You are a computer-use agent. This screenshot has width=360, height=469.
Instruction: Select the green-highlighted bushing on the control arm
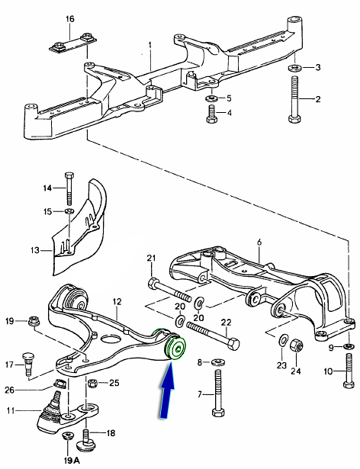175,347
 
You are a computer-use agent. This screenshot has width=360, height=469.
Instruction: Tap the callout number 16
69,19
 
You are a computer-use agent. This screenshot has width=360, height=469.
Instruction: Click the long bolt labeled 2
294,99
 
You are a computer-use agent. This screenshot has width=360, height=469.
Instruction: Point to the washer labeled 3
295,68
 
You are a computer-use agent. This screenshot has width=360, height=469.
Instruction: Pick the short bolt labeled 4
211,114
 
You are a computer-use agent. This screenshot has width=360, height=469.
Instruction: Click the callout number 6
259,243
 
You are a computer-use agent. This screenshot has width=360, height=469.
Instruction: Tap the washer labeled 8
217,362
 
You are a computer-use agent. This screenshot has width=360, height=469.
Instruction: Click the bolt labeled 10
349,371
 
